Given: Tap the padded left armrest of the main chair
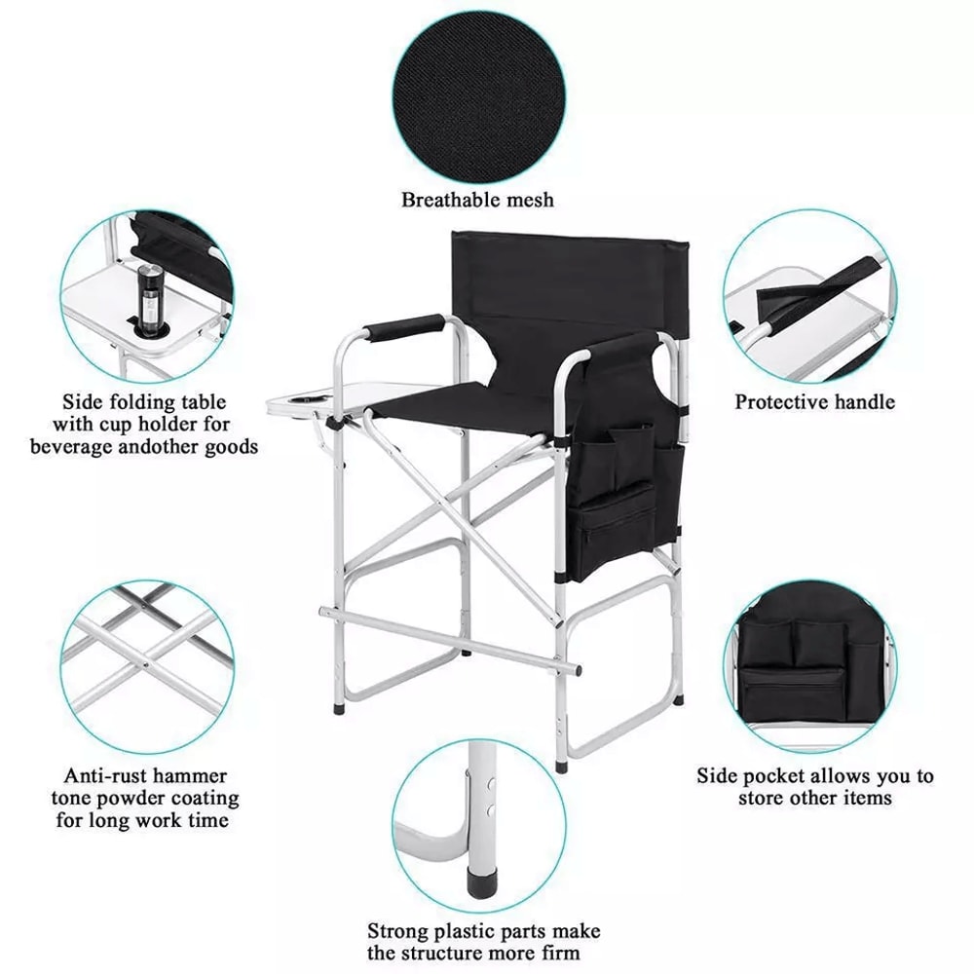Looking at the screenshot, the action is (x=405, y=326).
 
